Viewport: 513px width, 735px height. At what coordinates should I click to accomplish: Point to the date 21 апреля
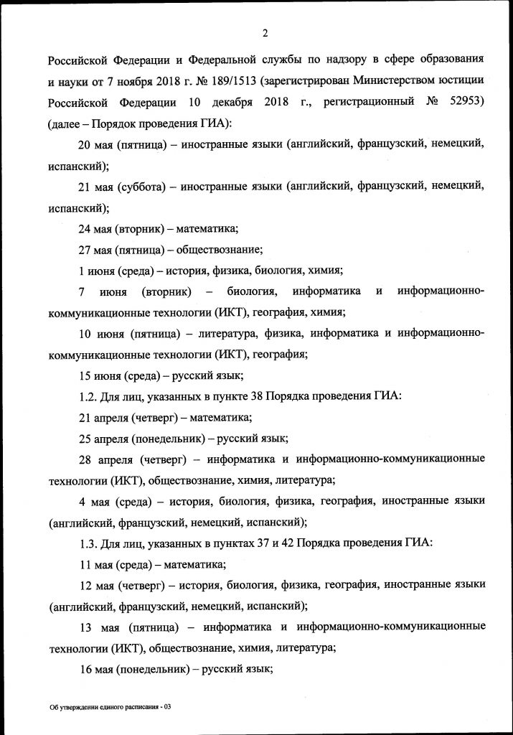coord(103,416)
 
